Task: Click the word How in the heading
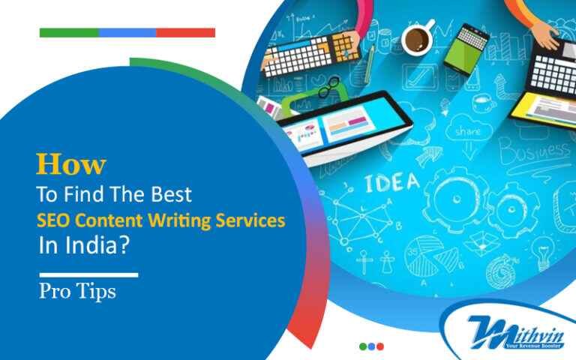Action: click(x=71, y=164)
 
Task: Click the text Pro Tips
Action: click(x=77, y=292)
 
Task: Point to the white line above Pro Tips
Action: click(x=88, y=275)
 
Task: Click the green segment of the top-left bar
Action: click(x=69, y=33)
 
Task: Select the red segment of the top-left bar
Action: click(x=186, y=33)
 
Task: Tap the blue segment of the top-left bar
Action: click(x=127, y=33)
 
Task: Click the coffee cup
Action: click(x=417, y=39)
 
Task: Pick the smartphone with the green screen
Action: click(x=466, y=49)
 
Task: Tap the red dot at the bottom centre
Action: click(x=380, y=346)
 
